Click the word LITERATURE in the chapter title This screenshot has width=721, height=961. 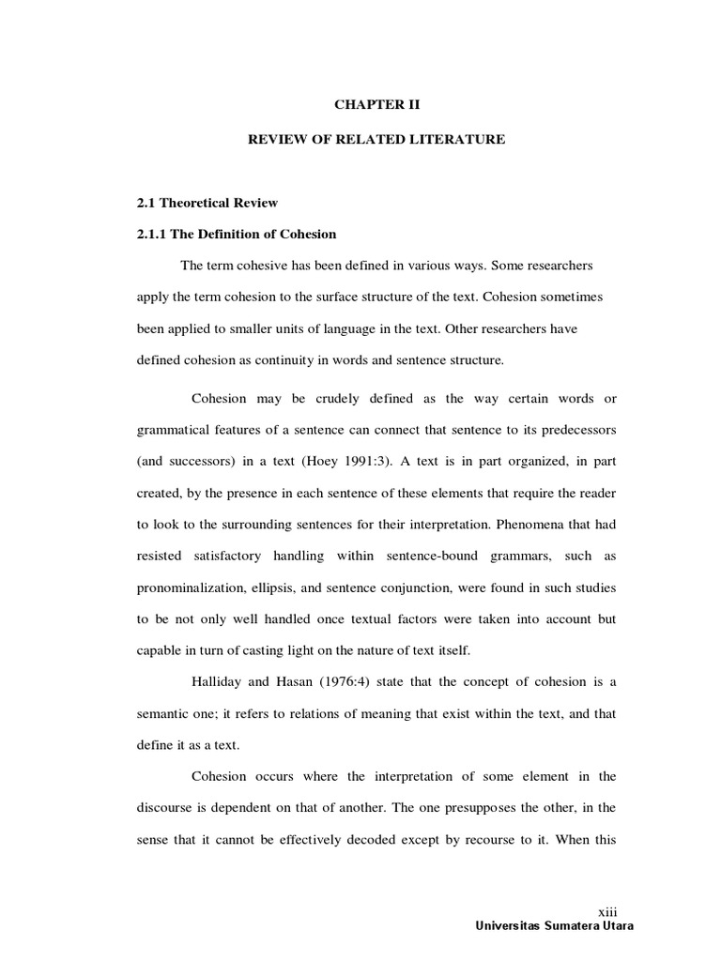point(457,139)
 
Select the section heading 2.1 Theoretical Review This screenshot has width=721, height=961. point(207,203)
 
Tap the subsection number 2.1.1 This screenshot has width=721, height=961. point(155,234)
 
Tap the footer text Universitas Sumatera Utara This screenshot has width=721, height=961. point(555,926)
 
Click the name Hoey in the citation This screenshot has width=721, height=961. point(336,463)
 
